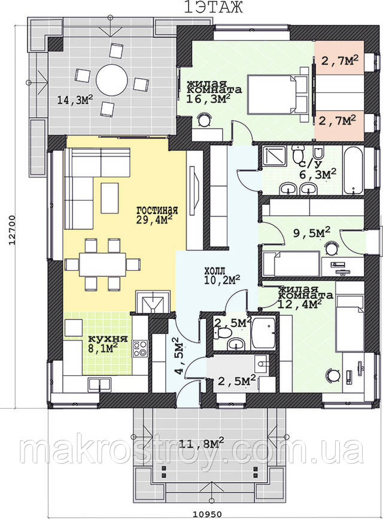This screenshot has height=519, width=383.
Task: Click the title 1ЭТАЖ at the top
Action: click(x=214, y=7)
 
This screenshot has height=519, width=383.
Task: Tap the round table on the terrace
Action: click(x=112, y=80)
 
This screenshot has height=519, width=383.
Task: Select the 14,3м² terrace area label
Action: click(x=75, y=99)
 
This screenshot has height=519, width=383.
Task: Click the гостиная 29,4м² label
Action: click(x=157, y=215)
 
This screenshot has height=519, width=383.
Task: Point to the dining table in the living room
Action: click(x=102, y=264)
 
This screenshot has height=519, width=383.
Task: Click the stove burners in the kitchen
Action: click(x=140, y=349)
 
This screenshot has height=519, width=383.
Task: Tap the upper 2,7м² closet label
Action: click(x=340, y=61)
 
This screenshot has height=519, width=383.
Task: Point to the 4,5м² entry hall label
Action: click(x=180, y=356)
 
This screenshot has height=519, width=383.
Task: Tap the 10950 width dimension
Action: click(x=207, y=514)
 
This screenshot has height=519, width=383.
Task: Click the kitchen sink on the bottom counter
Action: click(x=99, y=384)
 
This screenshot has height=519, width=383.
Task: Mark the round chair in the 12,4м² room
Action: click(x=333, y=375)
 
